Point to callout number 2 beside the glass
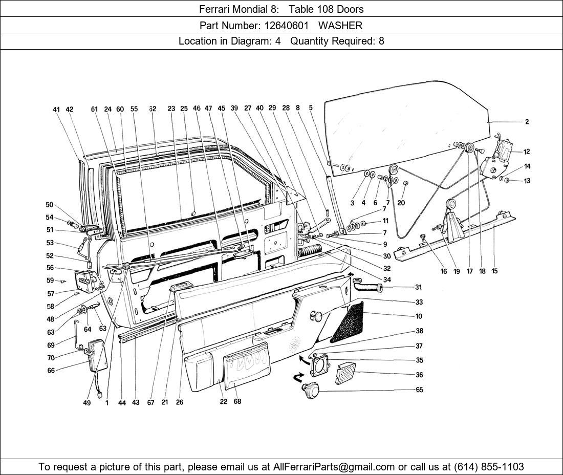click(527, 122)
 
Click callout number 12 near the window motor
click(527, 152)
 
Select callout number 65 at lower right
click(420, 390)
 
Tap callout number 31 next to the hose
click(419, 287)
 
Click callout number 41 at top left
click(56, 109)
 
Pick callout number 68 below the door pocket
click(237, 402)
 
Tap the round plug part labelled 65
click(310, 390)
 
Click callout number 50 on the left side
click(50, 205)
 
